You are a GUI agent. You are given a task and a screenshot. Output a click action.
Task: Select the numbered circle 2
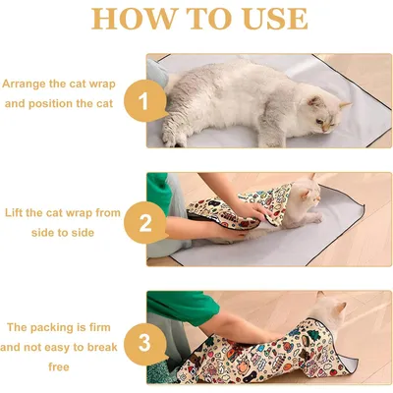[144, 222]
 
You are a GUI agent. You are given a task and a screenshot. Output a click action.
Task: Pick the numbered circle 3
[144, 342]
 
